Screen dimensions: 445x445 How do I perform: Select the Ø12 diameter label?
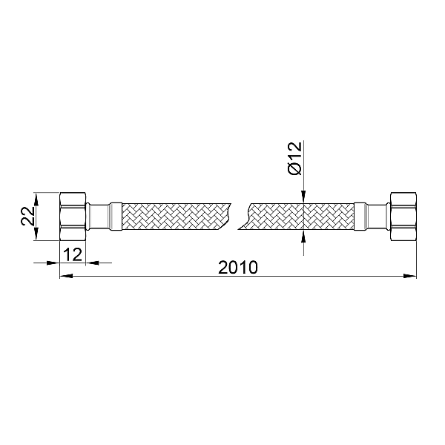click(x=294, y=158)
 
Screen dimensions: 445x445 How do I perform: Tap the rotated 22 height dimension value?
click(x=26, y=217)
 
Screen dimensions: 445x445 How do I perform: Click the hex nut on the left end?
click(x=73, y=217)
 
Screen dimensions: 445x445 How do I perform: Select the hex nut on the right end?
click(x=402, y=217)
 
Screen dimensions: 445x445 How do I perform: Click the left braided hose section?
click(x=171, y=217)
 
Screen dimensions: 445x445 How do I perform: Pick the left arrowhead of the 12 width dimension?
click(x=53, y=262)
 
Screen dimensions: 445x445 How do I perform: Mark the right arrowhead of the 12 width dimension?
click(x=92, y=262)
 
